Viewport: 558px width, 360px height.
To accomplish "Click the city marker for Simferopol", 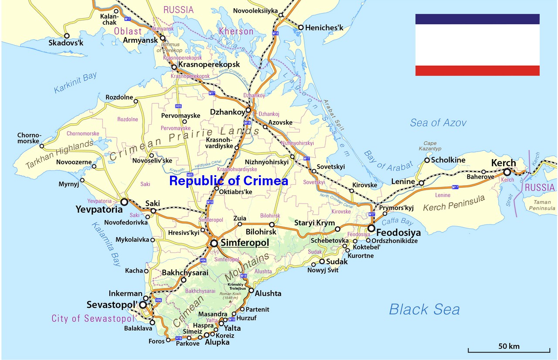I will click(x=214, y=243).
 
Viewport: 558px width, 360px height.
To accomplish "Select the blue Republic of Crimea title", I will click(x=228, y=180).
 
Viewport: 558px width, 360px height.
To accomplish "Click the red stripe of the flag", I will click(x=477, y=71).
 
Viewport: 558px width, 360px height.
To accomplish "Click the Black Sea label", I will click(x=424, y=309).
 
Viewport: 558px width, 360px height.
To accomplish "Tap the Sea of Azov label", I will click(x=438, y=123).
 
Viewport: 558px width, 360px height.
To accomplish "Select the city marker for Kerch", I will click(x=507, y=172).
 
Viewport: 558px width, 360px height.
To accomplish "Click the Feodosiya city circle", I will click(x=371, y=228).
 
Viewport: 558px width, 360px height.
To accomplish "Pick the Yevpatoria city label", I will click(x=99, y=210).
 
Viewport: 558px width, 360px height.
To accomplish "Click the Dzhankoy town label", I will click(x=227, y=112).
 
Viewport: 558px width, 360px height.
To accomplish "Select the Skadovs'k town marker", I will click(x=67, y=36).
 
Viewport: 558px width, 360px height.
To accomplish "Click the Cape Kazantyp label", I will click(x=430, y=146).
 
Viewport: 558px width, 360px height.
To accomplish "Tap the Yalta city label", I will click(x=232, y=328).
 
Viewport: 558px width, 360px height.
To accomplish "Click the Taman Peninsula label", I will click(x=542, y=205).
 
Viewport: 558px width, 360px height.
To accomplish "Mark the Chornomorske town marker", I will click(x=42, y=146).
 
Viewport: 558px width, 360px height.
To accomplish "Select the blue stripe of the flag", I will click(x=477, y=19).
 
